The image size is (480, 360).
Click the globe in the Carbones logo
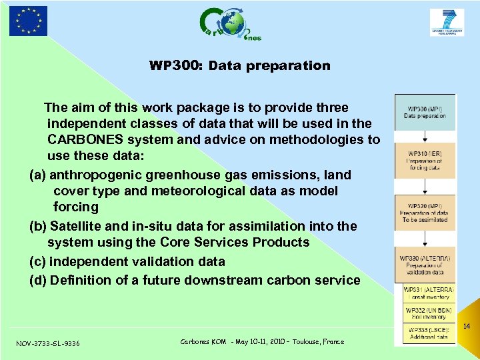[x=233, y=25]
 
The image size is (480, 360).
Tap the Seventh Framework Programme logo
[x=447, y=23]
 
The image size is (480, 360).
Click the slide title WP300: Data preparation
[x=239, y=66]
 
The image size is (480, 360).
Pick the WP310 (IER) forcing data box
[x=425, y=160]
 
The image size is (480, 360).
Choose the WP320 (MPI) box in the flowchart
[x=425, y=212]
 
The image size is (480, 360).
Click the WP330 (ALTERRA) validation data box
[x=425, y=265]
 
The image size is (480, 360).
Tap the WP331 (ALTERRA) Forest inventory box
[x=429, y=293]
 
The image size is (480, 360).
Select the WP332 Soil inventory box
[x=429, y=313]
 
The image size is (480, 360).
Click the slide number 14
[x=467, y=327]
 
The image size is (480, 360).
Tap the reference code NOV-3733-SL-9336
[x=48, y=343]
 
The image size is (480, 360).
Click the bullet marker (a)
[x=38, y=175]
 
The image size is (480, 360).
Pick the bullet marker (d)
[x=38, y=280]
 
